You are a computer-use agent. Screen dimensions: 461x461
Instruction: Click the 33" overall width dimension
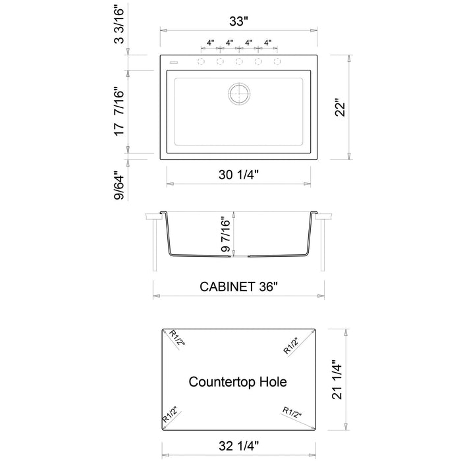(239, 20)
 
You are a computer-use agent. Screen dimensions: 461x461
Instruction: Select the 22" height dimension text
(339, 107)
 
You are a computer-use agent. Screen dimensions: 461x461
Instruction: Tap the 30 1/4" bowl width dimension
(238, 175)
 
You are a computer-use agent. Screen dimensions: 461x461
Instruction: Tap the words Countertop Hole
(238, 381)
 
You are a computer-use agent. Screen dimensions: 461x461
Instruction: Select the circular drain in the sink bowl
(239, 93)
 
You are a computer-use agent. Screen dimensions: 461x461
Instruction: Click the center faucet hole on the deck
(239, 62)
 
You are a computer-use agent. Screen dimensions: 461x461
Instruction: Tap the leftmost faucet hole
(200, 62)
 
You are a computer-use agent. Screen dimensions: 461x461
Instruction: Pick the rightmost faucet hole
(277, 62)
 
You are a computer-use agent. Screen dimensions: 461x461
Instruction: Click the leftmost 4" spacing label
(210, 43)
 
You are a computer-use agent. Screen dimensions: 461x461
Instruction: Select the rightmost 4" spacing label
(267, 43)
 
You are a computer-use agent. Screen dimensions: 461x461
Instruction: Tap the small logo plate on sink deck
(174, 61)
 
